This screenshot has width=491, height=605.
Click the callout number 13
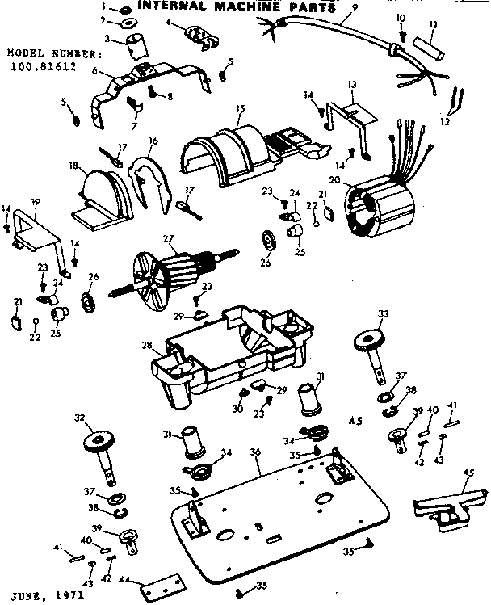pos(351,85)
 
